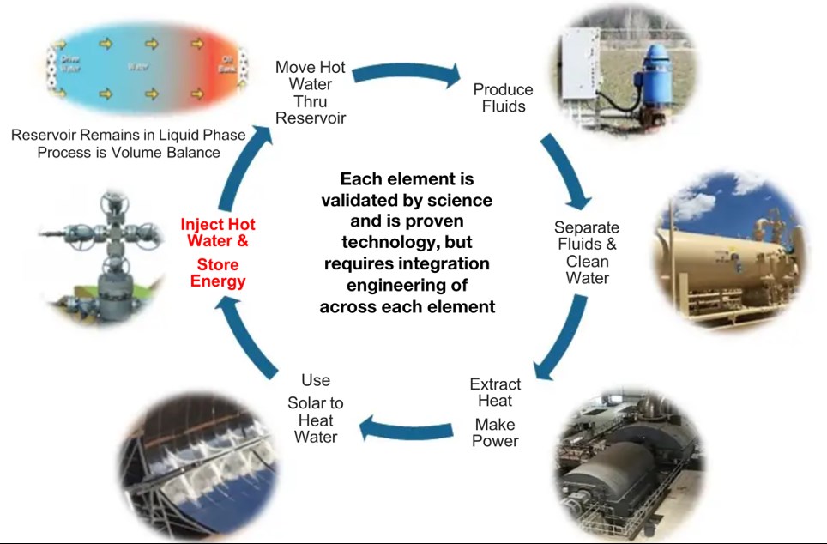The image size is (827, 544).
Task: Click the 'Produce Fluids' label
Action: tap(503, 98)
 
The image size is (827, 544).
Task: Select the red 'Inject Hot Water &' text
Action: tap(217, 233)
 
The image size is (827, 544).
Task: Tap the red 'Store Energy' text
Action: tap(217, 273)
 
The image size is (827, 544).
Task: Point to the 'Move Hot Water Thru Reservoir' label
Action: tap(310, 93)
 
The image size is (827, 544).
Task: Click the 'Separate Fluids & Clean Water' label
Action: tap(586, 252)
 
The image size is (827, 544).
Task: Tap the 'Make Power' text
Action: tap(495, 432)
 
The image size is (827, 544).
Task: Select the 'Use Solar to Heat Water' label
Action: tap(316, 408)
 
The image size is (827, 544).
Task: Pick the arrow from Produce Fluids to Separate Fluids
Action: tap(567, 168)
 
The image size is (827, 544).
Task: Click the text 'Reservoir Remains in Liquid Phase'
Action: tap(129, 135)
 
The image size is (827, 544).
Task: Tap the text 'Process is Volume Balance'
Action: tap(129, 152)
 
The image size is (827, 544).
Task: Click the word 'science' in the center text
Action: tap(460, 200)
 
